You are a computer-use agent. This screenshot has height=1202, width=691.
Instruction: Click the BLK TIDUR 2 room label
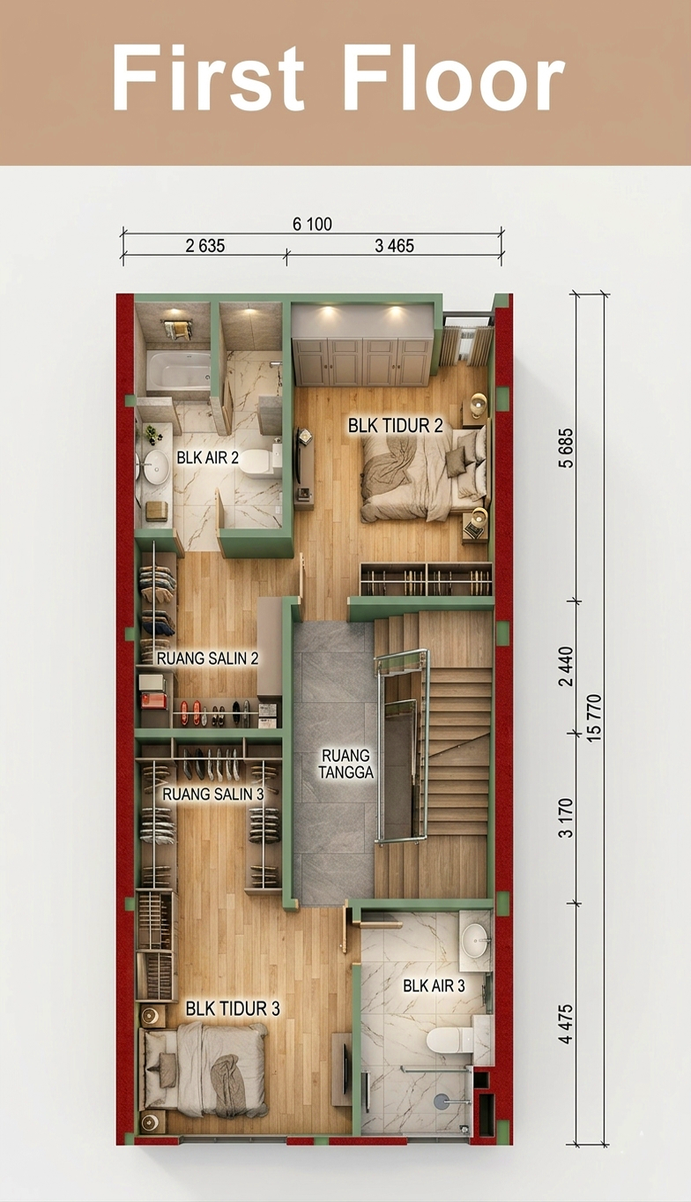pyautogui.click(x=396, y=426)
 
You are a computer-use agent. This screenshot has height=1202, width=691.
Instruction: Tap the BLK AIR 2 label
pyautogui.click(x=208, y=458)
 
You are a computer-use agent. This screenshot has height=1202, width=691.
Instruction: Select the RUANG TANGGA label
pyautogui.click(x=346, y=763)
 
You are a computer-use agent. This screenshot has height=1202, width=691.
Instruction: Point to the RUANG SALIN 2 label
pyautogui.click(x=208, y=658)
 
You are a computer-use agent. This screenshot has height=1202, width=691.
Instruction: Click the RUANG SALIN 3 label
pyautogui.click(x=213, y=795)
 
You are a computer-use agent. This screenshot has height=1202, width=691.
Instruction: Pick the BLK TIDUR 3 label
pyautogui.click(x=233, y=1009)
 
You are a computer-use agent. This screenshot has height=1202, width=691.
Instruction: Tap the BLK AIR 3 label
pyautogui.click(x=434, y=986)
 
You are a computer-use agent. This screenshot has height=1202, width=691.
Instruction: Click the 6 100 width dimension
pyautogui.click(x=312, y=224)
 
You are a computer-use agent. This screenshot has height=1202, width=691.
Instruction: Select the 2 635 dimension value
pyautogui.click(x=205, y=246)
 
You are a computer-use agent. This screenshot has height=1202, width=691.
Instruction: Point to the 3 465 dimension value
pyautogui.click(x=394, y=246)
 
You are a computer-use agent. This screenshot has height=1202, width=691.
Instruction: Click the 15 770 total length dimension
pyautogui.click(x=594, y=719)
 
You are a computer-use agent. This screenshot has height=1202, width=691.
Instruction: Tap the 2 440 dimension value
pyautogui.click(x=566, y=667)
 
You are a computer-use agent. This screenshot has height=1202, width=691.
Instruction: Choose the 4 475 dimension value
pyautogui.click(x=566, y=1024)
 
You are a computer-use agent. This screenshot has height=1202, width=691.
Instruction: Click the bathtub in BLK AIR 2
pyautogui.click(x=179, y=370)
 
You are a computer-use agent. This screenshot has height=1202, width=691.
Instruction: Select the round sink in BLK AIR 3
pyautogui.click(x=475, y=939)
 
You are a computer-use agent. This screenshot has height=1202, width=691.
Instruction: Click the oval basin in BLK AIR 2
pyautogui.click(x=156, y=467)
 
